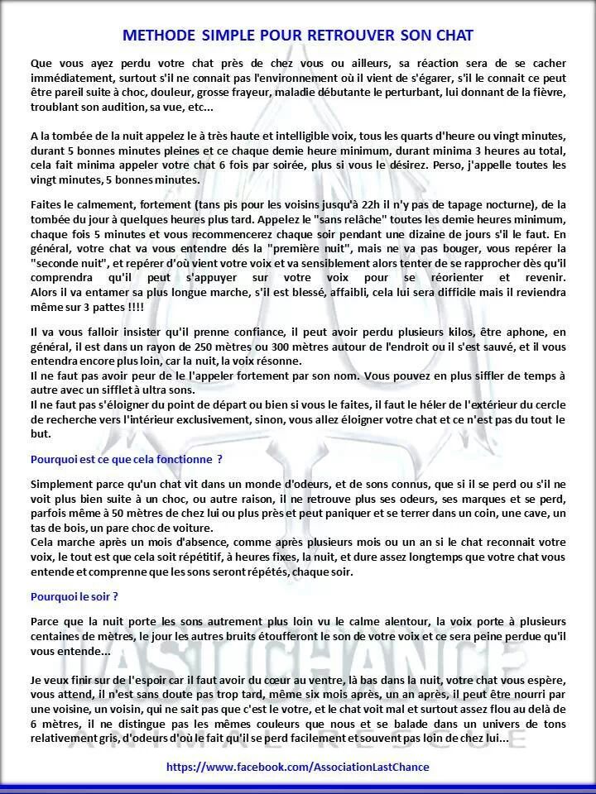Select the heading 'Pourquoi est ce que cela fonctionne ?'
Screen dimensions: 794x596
click(x=127, y=458)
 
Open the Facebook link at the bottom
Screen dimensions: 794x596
click(x=298, y=767)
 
